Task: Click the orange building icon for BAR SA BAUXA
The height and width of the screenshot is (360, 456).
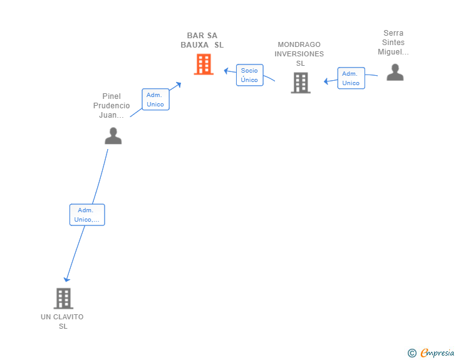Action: [204, 64]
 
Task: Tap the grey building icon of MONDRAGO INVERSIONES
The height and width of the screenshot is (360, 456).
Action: [301, 83]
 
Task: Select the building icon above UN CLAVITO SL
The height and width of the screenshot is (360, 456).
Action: [63, 299]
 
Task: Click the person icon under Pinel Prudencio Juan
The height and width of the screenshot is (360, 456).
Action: [113, 136]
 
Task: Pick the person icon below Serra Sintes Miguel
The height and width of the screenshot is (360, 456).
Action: [395, 72]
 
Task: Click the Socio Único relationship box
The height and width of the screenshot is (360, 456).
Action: [250, 75]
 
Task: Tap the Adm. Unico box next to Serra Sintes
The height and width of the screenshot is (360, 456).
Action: [351, 78]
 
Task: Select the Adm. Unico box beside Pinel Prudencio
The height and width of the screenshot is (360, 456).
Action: [155, 100]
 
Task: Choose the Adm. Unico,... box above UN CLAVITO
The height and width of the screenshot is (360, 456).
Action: [87, 215]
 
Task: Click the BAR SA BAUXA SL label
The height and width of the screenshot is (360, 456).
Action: [202, 40]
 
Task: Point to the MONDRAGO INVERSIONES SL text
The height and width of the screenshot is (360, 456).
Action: [299, 54]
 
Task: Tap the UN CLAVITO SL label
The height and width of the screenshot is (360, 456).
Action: [62, 321]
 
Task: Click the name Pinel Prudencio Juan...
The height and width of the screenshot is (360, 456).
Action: [111, 106]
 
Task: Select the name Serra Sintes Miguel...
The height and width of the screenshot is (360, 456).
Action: [393, 43]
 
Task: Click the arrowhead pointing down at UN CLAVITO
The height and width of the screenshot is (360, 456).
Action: [66, 279]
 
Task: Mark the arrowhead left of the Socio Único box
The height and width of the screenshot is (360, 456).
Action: [226, 70]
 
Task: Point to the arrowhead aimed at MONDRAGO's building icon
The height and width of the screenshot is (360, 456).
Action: [326, 81]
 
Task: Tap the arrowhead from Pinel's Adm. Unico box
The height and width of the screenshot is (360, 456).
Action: [179, 85]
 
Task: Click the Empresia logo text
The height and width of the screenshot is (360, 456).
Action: [437, 352]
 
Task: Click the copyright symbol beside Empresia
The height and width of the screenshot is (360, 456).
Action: [412, 353]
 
